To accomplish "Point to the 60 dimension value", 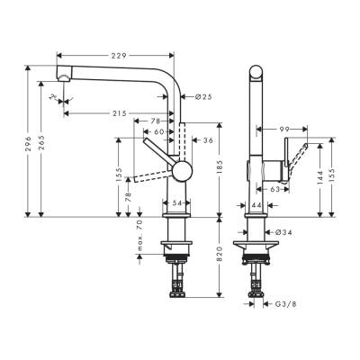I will tap(159, 131).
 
